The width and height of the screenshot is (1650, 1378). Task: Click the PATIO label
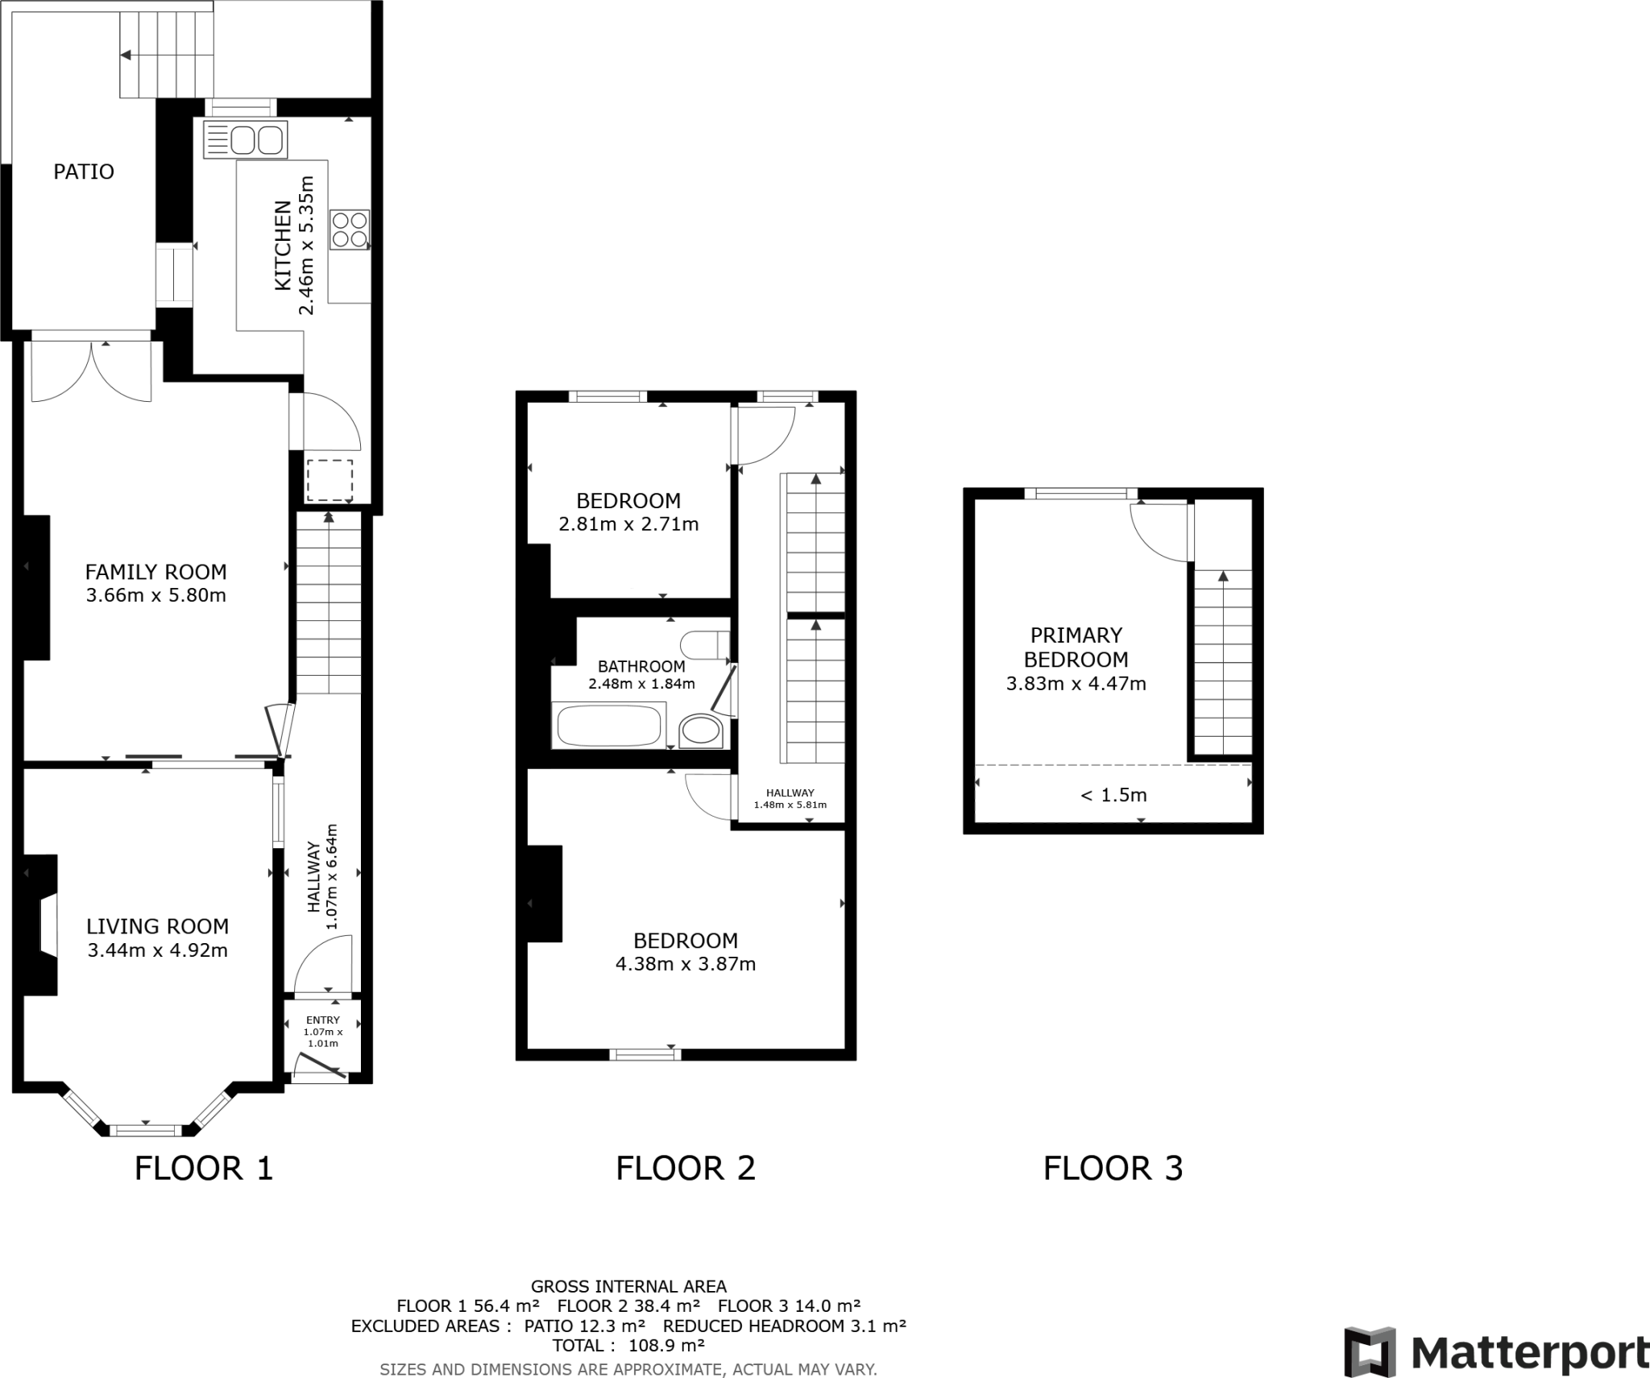[x=84, y=172]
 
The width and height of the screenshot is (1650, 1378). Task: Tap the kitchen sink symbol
[x=246, y=139]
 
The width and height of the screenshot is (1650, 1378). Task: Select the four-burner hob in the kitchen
[x=350, y=229]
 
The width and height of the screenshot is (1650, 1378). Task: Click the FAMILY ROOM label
[x=156, y=572]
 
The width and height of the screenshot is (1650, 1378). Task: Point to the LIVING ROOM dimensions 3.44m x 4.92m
[x=158, y=950]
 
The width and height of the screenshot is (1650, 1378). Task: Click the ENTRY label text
[x=322, y=1020]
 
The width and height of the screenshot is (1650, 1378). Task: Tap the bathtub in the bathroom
[x=609, y=726]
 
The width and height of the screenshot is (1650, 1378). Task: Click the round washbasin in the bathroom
[x=701, y=731]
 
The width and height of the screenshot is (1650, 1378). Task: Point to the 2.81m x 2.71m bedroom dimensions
[x=628, y=524]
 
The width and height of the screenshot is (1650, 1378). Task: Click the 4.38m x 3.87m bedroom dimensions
[x=686, y=964]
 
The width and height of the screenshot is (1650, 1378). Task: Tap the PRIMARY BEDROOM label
[x=1076, y=647]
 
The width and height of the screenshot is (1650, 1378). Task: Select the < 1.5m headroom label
[x=1113, y=795]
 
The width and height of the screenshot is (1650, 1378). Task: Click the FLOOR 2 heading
[x=686, y=1168]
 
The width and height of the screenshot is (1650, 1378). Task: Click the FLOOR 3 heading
[x=1113, y=1168]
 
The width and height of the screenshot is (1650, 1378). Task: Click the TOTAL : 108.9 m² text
[x=628, y=1345]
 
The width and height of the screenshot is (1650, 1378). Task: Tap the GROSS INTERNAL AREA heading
[x=628, y=1286]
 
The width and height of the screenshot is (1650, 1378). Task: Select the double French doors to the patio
[x=91, y=370]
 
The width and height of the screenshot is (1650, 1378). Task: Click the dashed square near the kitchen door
[x=330, y=480]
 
